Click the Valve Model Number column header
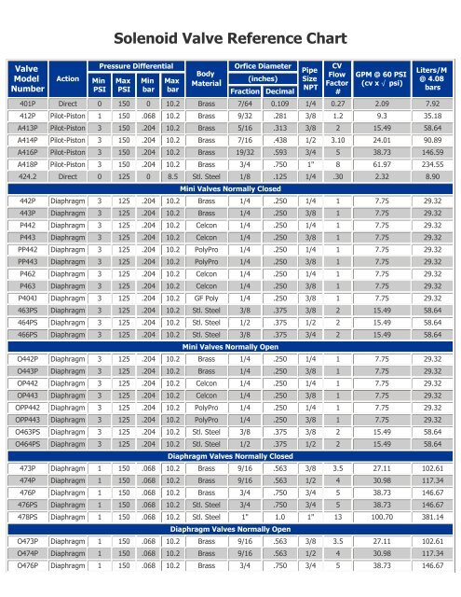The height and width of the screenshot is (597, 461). (x=26, y=78)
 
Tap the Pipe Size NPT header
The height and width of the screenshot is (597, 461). (x=311, y=78)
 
